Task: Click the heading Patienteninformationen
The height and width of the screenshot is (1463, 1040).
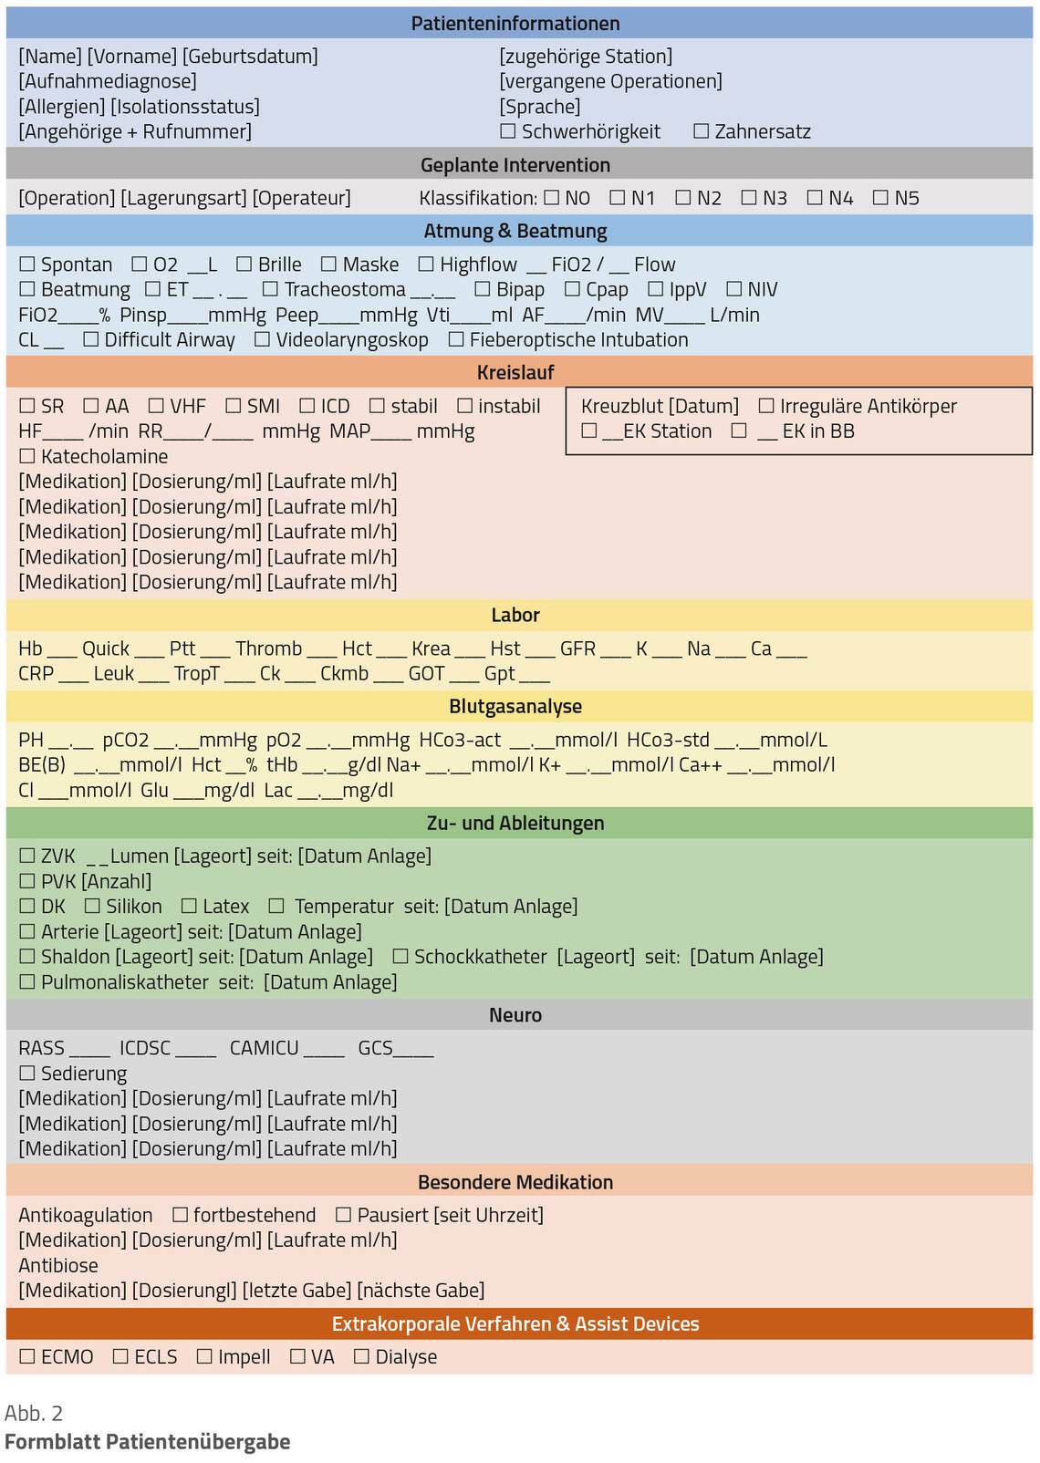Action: (515, 24)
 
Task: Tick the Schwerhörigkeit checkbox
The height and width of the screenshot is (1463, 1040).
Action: (508, 131)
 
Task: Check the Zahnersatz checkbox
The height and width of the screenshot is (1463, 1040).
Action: (701, 131)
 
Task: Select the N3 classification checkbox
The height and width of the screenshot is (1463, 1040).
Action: (749, 198)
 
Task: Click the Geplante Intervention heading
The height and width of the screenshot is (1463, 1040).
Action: (515, 165)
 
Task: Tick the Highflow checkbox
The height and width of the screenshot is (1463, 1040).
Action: (426, 265)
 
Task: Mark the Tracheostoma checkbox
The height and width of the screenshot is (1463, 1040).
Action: (270, 289)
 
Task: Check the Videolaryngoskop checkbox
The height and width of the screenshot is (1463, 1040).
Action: (262, 339)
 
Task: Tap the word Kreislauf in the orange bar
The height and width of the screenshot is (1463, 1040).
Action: (515, 372)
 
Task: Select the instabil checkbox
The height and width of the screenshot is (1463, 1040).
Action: (464, 406)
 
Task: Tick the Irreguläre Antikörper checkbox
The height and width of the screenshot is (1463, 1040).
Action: (766, 406)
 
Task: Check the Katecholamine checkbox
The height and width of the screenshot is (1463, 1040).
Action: (27, 456)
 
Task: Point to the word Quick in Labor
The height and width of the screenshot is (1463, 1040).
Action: (106, 648)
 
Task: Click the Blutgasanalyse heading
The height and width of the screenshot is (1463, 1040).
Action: (515, 707)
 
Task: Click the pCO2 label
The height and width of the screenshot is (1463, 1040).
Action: (126, 740)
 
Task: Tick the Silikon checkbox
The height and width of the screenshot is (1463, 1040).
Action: (92, 906)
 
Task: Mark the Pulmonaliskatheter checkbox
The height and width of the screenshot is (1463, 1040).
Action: (27, 982)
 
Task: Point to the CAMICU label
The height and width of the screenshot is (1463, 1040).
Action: (264, 1048)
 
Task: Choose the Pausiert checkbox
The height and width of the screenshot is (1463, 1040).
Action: (343, 1215)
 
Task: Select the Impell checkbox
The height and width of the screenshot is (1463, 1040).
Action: (204, 1356)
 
